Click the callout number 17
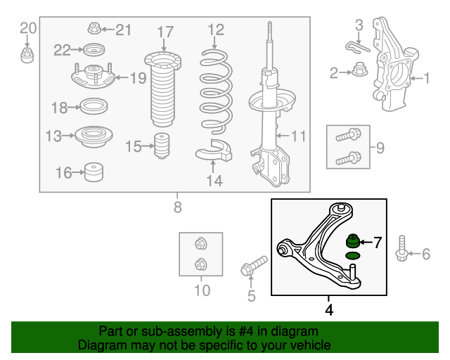coord(165,32)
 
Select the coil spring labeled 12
coord(216,92)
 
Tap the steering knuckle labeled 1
coord(395,65)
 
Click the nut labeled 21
coord(94,28)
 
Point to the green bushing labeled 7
coord(352,241)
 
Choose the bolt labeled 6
coord(401,249)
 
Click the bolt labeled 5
coord(254,265)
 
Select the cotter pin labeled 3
coord(357,47)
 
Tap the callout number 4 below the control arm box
coord(329,310)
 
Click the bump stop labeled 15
coord(162,146)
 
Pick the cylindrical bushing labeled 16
coord(94,172)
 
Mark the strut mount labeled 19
coord(93,76)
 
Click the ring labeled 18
coord(94,106)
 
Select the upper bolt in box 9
coord(349,135)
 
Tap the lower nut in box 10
coord(200,264)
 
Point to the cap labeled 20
coord(27,56)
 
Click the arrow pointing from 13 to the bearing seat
coord(68,136)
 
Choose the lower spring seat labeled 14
coord(214,150)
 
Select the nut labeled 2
coord(359,69)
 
